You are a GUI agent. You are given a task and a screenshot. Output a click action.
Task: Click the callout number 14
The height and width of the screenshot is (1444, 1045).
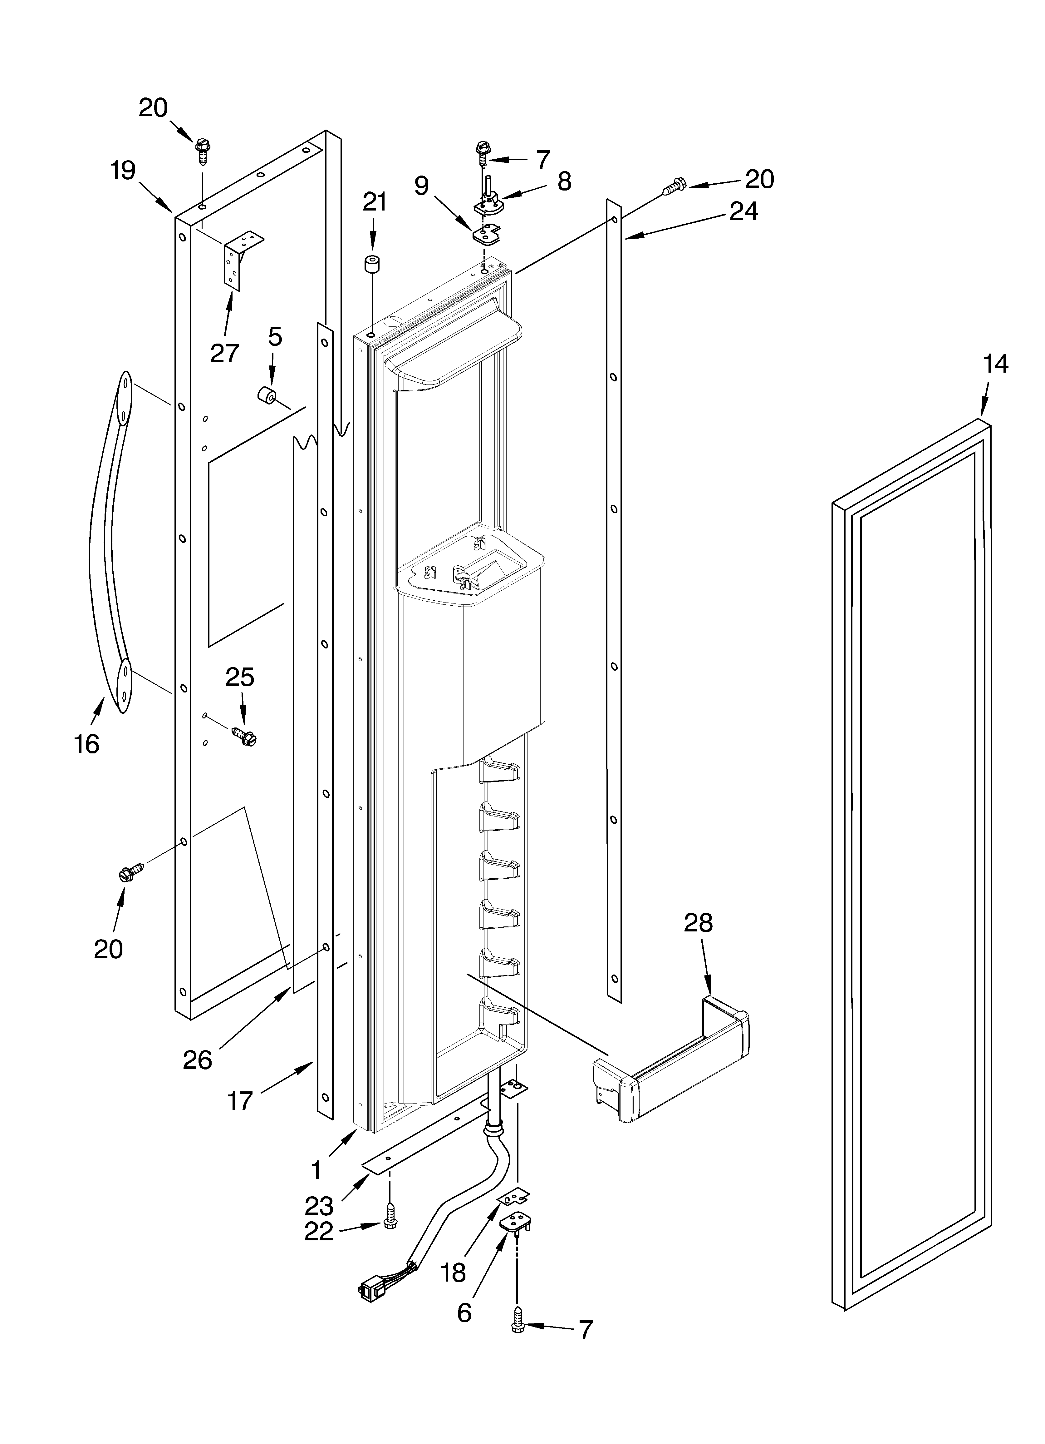coord(995,364)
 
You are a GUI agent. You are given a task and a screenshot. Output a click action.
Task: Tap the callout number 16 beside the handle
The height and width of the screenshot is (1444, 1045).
coord(86,744)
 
